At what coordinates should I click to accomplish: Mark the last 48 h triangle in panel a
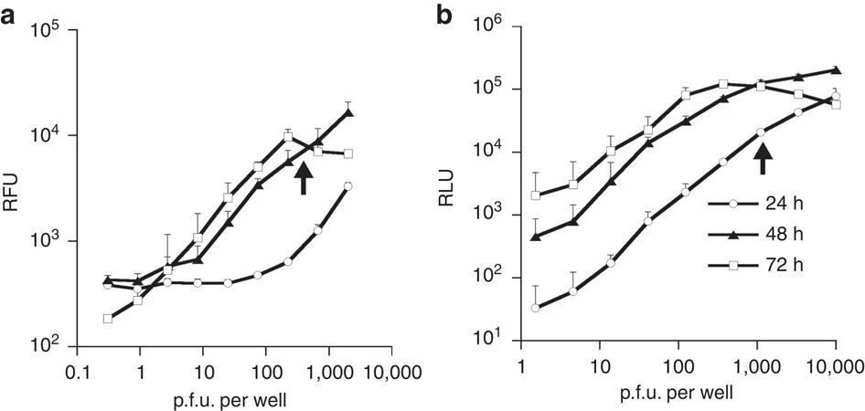pyautogui.click(x=348, y=112)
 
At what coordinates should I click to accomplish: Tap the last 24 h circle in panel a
pyautogui.click(x=348, y=186)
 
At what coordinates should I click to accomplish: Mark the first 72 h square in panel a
pyautogui.click(x=109, y=319)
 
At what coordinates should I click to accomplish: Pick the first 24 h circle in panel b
pyautogui.click(x=535, y=308)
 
